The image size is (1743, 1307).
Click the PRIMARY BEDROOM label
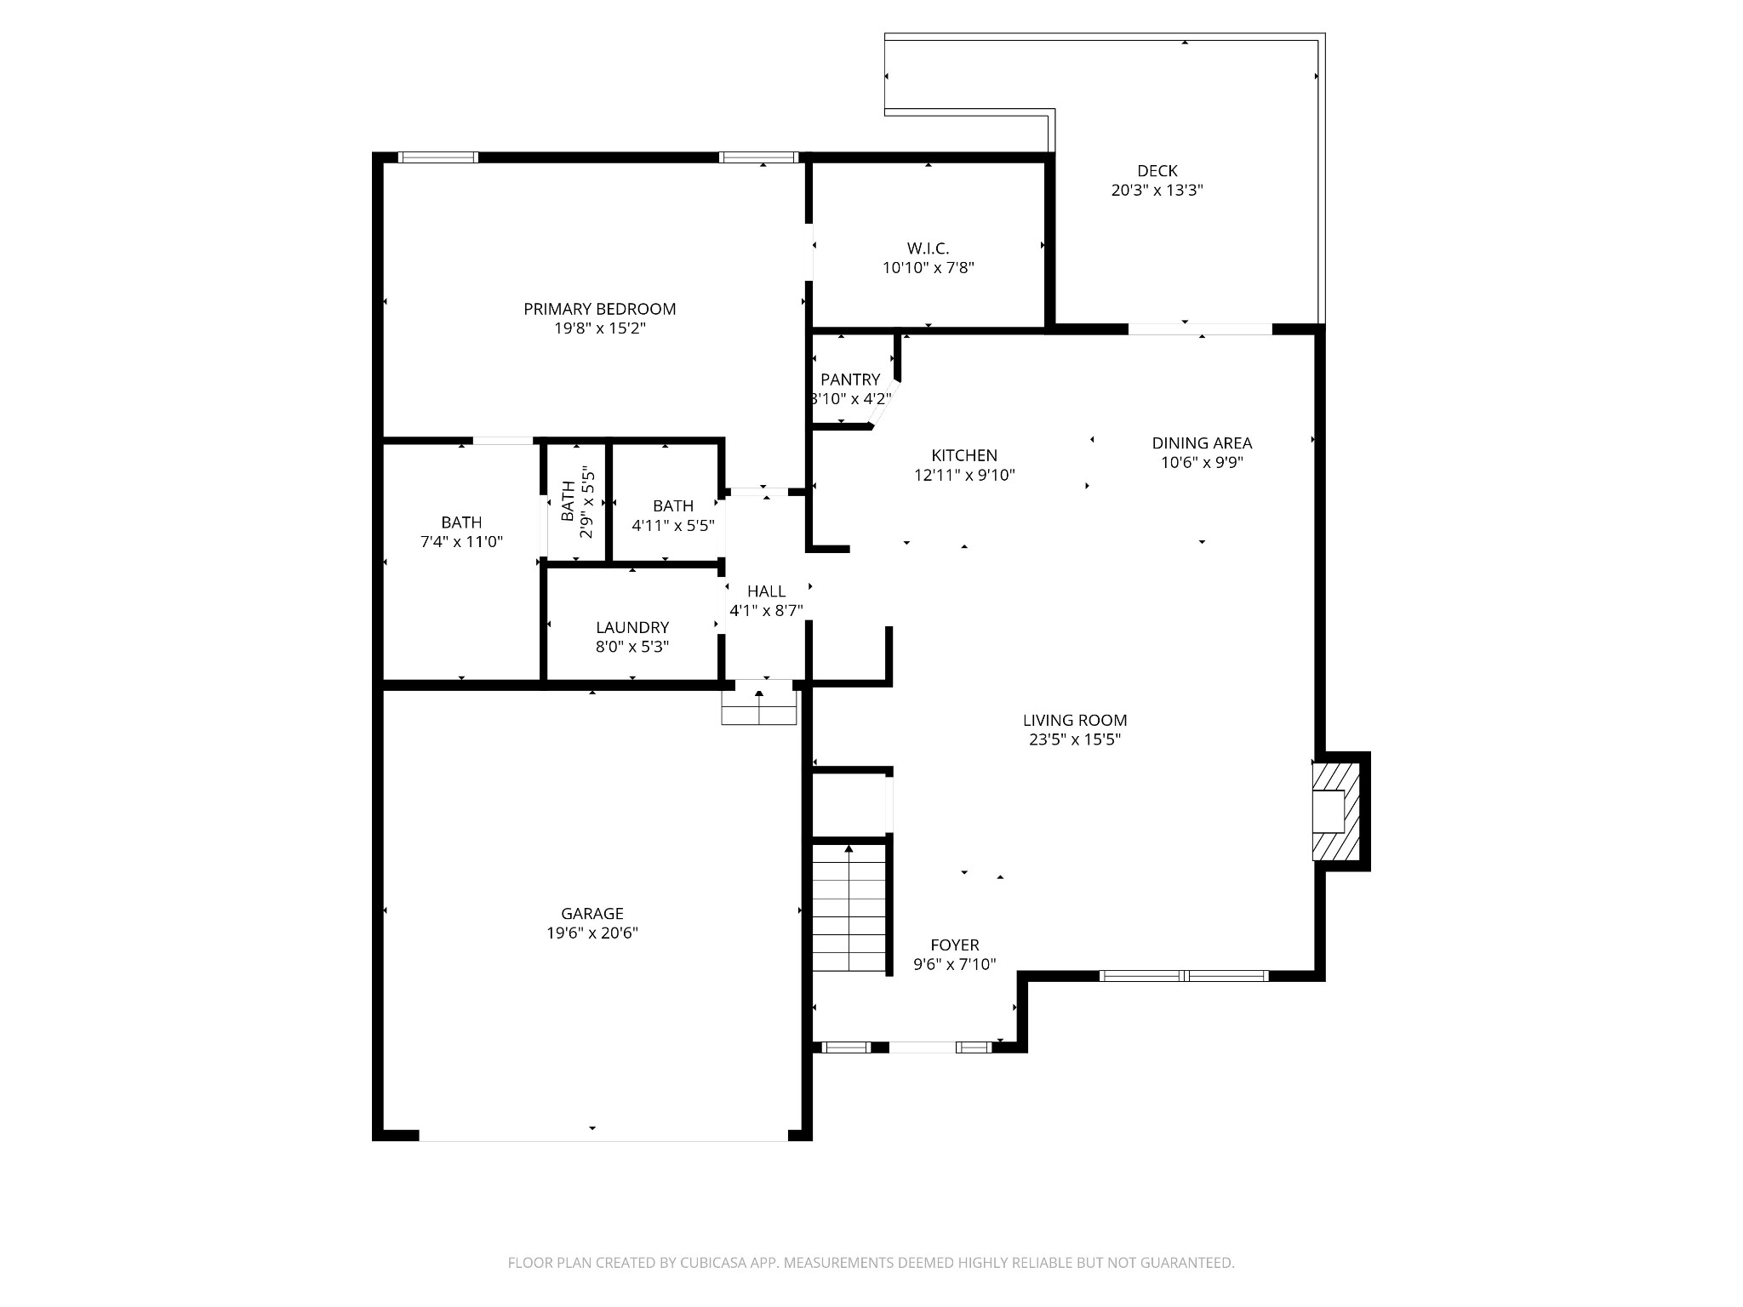(x=599, y=309)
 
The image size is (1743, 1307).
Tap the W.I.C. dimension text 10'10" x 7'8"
(x=928, y=268)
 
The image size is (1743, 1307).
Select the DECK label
(x=1157, y=171)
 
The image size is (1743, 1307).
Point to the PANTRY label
(x=849, y=380)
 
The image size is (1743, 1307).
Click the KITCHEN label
(x=963, y=455)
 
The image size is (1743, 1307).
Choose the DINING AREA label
(x=1201, y=443)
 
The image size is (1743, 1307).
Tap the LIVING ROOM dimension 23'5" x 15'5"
(x=1074, y=739)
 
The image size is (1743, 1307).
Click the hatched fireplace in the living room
(x=1336, y=811)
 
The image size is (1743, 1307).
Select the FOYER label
(x=954, y=945)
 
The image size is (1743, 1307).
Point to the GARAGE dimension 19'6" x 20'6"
(x=591, y=933)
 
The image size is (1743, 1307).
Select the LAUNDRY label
(x=631, y=627)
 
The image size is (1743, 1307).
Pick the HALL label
(x=766, y=591)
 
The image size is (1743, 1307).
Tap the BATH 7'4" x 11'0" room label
(x=461, y=522)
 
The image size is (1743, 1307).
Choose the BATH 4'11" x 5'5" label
(x=672, y=506)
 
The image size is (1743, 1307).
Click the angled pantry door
(x=883, y=405)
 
